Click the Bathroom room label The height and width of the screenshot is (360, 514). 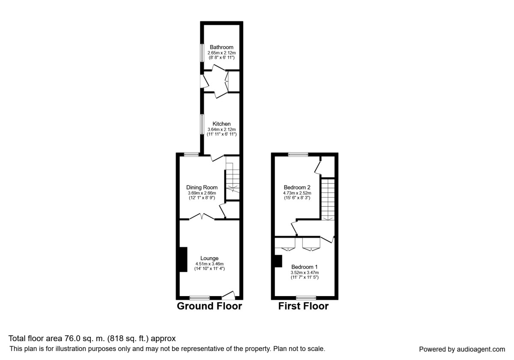click(221, 47)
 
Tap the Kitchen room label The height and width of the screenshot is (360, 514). click(221, 124)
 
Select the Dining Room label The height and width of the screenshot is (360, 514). click(202, 188)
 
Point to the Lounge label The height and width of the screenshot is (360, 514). click(209, 258)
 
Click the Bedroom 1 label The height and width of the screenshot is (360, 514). click(304, 267)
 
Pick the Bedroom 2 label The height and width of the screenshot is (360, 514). click(297, 187)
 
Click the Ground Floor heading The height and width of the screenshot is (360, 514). click(209, 306)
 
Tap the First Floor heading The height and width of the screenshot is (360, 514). click(303, 306)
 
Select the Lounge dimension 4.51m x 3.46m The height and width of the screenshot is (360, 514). click(209, 264)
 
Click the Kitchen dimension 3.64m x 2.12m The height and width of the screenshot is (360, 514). click(221, 129)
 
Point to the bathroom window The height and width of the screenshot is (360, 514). click(202, 53)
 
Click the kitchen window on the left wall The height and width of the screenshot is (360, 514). click(202, 124)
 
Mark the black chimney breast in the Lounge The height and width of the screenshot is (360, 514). click(183, 259)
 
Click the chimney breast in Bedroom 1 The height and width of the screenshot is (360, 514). click(278, 261)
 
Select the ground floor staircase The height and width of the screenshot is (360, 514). click(233, 178)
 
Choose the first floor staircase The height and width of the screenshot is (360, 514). click(328, 199)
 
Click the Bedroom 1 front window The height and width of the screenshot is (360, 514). click(306, 298)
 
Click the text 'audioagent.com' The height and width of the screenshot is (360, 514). click(481, 349)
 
